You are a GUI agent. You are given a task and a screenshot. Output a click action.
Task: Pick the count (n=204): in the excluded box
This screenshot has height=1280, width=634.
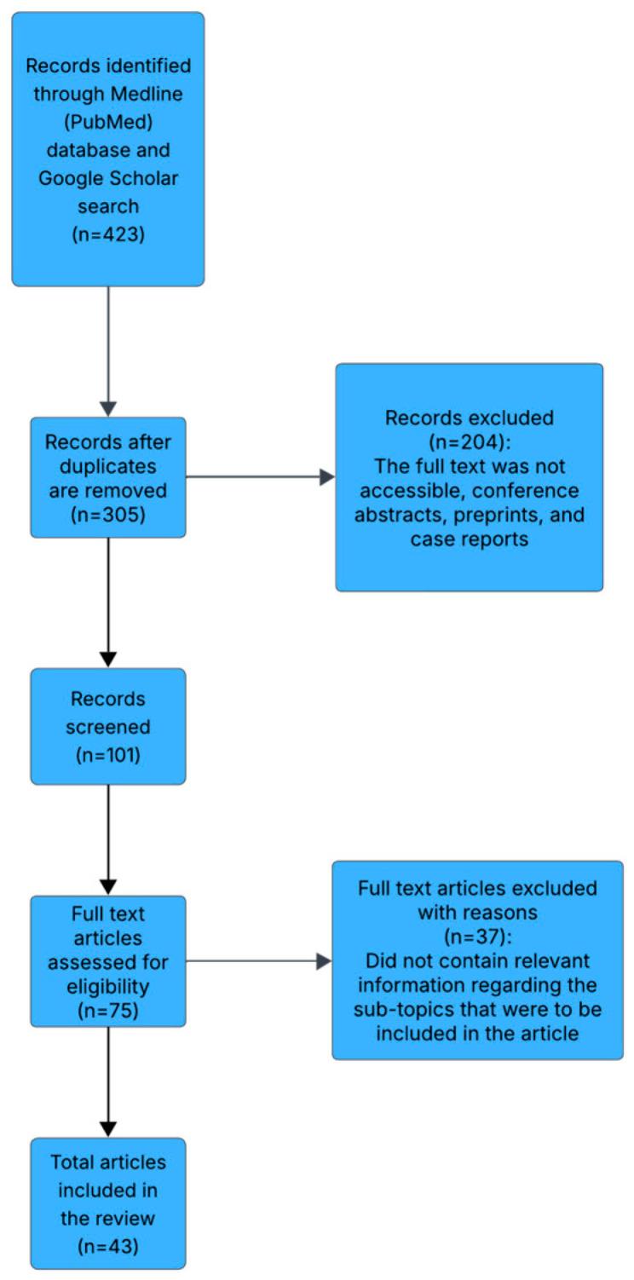coord(469,442)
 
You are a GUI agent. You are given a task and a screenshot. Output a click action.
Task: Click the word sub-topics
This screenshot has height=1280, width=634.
coord(402,1011)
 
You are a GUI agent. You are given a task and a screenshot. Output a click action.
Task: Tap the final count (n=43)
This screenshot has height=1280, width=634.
coord(108,1243)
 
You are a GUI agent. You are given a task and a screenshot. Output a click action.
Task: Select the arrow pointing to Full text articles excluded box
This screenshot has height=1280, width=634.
coord(322,961)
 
